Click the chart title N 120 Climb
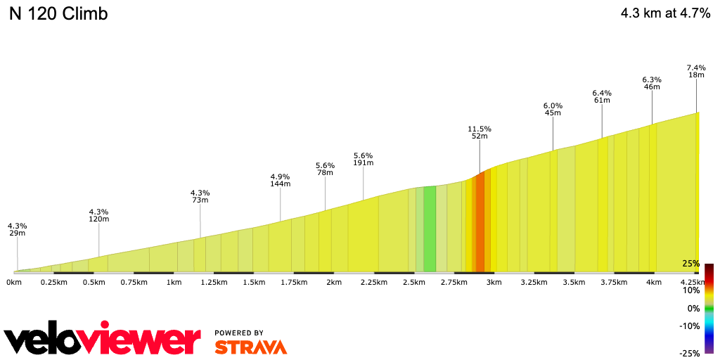(x=58, y=14)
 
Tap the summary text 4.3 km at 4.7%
(x=665, y=13)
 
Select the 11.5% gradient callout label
(x=480, y=129)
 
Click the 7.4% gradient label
(x=696, y=67)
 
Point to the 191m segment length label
(x=363, y=163)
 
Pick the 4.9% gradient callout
(x=280, y=176)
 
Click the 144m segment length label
(x=280, y=184)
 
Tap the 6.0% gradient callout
(x=553, y=105)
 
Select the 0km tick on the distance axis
(x=13, y=283)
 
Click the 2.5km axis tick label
(x=413, y=283)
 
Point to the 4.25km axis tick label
(x=694, y=283)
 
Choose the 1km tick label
(x=174, y=283)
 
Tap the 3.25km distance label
(x=534, y=283)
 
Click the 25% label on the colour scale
(x=690, y=264)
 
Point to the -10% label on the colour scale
(x=689, y=326)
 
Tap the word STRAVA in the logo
(x=250, y=347)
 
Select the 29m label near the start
(x=17, y=233)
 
